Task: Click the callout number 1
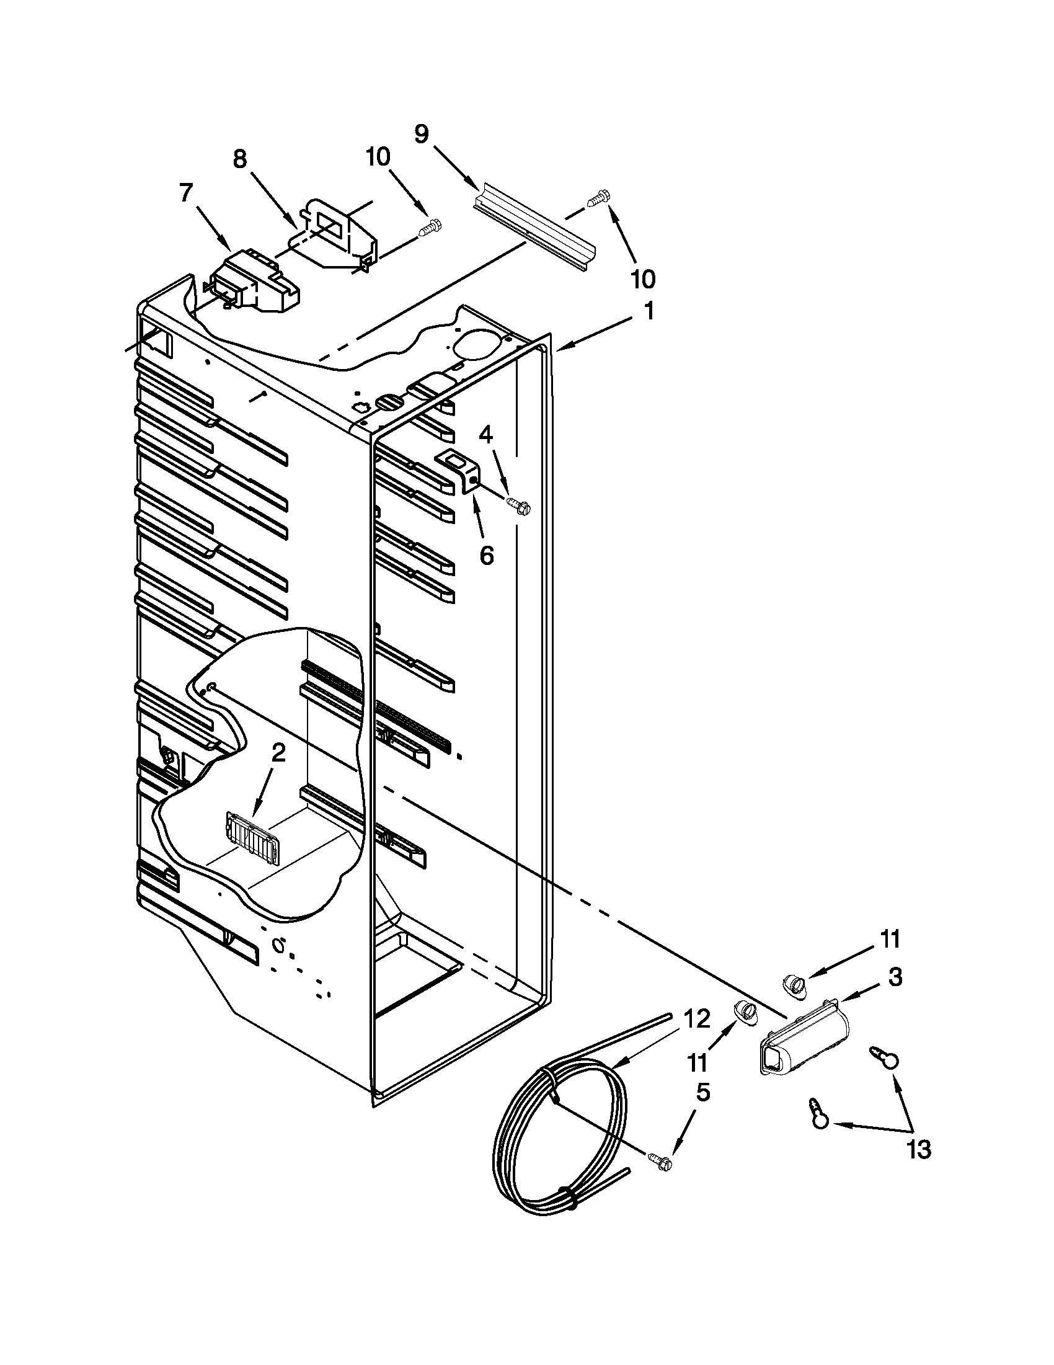649,311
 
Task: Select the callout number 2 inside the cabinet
278,753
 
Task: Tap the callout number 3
895,977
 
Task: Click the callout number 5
702,1092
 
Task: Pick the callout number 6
487,554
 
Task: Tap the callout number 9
422,134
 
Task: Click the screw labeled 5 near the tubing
658,1161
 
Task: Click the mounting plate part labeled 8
337,234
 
